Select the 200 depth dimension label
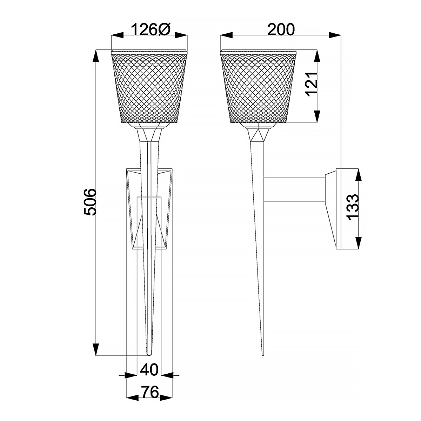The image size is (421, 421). (281, 30)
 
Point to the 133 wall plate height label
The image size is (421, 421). (353, 207)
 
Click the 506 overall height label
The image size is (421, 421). (90, 202)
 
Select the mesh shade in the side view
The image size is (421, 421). (258, 88)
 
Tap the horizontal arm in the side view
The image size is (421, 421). (295, 189)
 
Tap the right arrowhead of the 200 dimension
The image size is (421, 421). (335, 35)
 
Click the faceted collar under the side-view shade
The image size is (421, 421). (259, 135)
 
